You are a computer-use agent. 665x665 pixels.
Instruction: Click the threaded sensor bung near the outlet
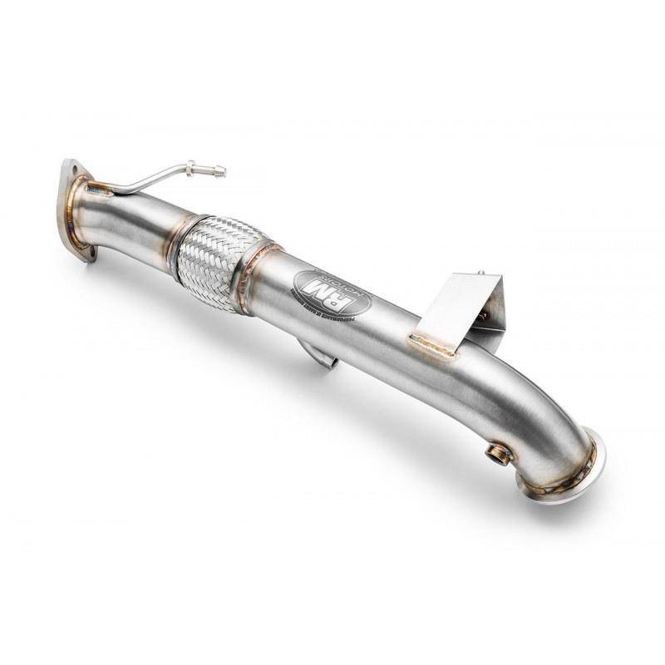pyautogui.click(x=500, y=453)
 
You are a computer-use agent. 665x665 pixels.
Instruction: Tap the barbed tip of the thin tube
pyautogui.click(x=219, y=172)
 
